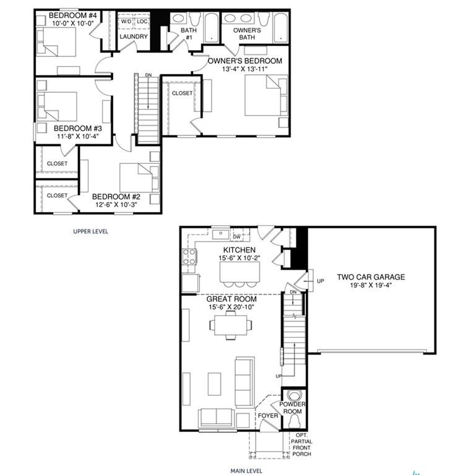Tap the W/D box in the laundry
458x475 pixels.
click(x=126, y=21)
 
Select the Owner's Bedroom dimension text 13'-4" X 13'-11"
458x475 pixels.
click(x=246, y=69)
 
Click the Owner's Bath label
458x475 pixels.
click(x=247, y=34)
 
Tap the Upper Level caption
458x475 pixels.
click(x=90, y=231)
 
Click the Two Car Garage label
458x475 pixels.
click(x=371, y=277)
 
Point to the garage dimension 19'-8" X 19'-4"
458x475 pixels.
click(x=371, y=286)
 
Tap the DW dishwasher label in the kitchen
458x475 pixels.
click(x=236, y=236)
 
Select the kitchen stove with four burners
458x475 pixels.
click(x=189, y=257)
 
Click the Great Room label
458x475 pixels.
click(x=231, y=299)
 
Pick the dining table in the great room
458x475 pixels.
click(x=230, y=324)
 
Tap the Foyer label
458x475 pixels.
click(x=268, y=416)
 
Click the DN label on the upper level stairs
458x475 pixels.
click(x=148, y=75)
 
